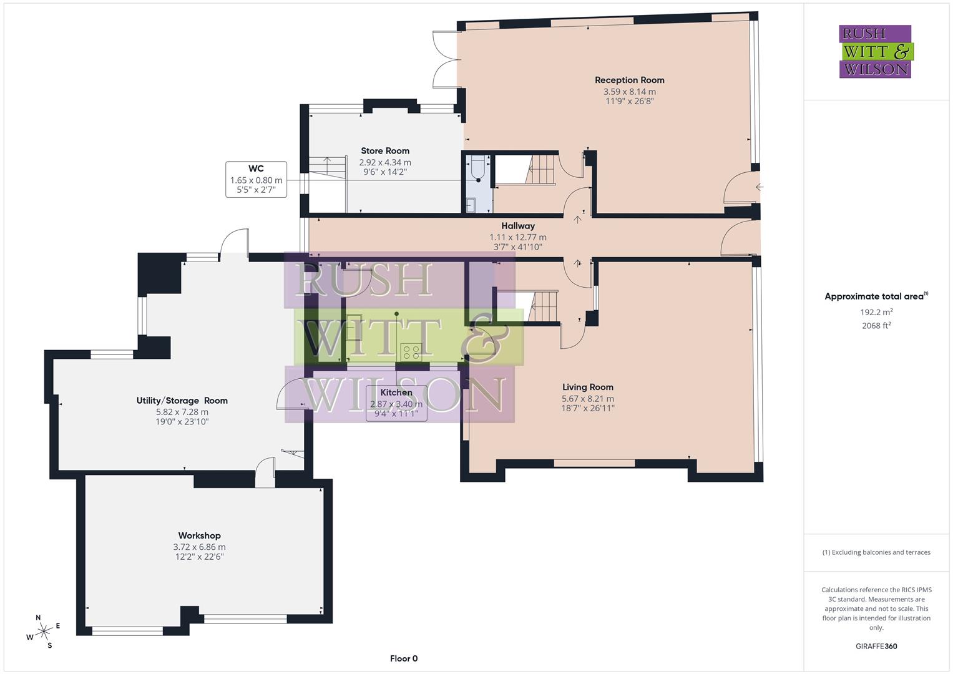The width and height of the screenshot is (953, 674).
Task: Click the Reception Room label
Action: click(629, 80)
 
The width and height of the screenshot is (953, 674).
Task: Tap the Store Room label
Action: click(385, 150)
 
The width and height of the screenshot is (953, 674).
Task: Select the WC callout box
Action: click(256, 179)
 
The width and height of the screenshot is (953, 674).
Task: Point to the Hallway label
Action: click(518, 226)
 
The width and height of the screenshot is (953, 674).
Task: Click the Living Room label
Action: click(587, 387)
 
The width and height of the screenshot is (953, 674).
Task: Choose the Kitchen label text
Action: click(396, 393)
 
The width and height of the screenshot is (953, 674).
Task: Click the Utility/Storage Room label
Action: click(182, 401)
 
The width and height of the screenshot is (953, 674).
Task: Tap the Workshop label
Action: click(199, 535)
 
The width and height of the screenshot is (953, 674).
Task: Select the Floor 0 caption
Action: click(403, 658)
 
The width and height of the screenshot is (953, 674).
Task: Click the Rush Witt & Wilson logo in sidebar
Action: click(875, 51)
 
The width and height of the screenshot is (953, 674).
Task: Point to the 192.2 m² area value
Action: click(876, 312)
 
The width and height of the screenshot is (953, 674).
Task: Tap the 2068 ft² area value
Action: click(876, 325)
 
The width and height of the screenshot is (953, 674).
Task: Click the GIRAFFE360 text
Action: click(876, 646)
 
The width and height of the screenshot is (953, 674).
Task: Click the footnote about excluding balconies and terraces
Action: click(876, 552)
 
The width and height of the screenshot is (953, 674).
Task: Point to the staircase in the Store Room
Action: click(328, 175)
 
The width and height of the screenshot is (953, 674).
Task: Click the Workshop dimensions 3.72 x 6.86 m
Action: click(199, 547)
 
